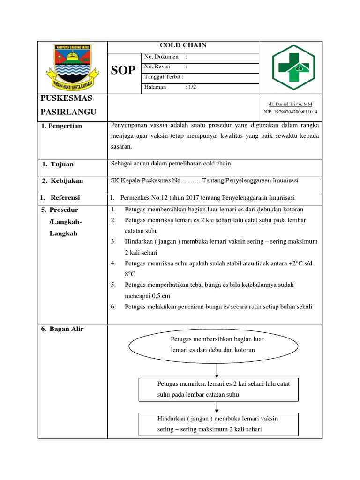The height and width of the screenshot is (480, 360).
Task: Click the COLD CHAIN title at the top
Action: tap(183, 45)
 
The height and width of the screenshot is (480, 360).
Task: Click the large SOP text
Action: tap(123, 70)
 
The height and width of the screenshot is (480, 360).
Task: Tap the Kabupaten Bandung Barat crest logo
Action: tap(72, 65)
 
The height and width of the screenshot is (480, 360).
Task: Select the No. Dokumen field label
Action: tap(162, 57)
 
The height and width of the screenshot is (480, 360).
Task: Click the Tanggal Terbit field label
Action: tap(164, 77)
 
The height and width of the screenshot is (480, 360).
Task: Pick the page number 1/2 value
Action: tap(191, 87)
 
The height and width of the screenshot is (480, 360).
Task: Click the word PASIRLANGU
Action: tap(68, 112)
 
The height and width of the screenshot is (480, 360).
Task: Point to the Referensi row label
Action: tap(65, 198)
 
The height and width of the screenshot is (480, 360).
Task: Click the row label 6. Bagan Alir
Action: tap(62, 329)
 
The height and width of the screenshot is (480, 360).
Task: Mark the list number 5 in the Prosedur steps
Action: tap(113, 285)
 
